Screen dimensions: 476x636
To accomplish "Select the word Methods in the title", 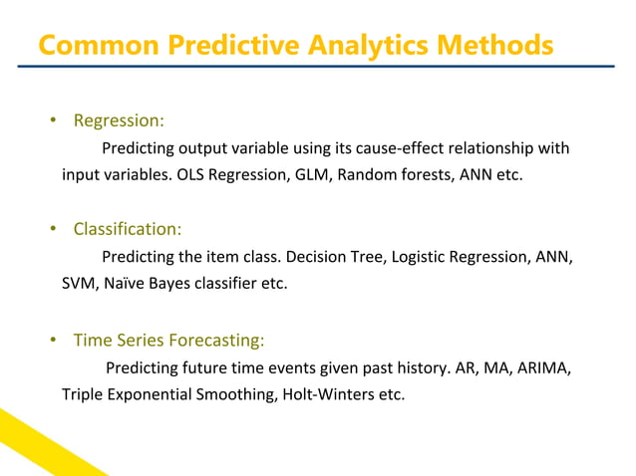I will click(x=492, y=46).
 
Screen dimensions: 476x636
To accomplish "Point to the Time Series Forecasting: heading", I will click(x=168, y=341).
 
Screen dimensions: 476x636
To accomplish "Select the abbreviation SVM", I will click(x=77, y=285).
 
